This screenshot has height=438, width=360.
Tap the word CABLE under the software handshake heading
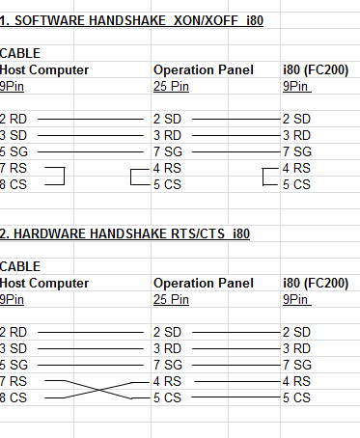point(20,53)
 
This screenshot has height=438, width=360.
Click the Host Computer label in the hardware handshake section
point(44,283)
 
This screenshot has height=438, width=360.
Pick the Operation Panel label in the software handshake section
point(204,69)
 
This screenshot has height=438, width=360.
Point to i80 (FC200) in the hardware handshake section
point(316,283)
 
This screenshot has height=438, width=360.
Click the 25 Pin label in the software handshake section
point(171,86)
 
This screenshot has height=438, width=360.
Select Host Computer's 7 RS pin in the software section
point(14,168)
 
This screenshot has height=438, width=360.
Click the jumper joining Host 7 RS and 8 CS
point(65,176)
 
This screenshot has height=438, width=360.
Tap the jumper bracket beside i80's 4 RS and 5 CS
point(263,177)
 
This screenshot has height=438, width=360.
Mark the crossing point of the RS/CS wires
point(98,390)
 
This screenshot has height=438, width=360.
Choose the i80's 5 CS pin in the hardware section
point(296,397)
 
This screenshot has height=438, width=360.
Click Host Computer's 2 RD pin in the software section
point(14,119)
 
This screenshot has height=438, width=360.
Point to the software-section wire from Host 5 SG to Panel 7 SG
point(91,151)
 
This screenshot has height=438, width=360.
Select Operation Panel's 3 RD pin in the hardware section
point(167,348)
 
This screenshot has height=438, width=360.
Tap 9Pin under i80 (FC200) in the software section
point(296,86)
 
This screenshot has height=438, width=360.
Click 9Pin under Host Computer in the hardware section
point(12,299)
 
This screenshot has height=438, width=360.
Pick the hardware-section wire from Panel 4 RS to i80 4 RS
point(237,382)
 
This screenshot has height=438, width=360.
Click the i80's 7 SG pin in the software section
point(297,151)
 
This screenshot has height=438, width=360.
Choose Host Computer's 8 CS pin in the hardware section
point(14,397)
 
